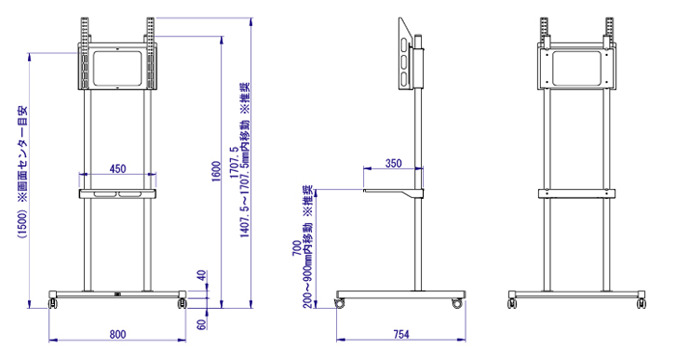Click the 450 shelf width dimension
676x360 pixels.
pyautogui.click(x=118, y=168)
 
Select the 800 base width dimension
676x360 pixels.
pyautogui.click(x=118, y=334)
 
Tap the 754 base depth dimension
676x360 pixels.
pyautogui.click(x=402, y=334)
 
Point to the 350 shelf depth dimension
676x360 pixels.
pyautogui.click(x=393, y=163)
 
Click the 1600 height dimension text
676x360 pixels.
pyautogui.click(x=216, y=172)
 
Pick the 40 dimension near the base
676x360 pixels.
pyautogui.click(x=202, y=276)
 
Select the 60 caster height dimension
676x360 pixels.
pyautogui.click(x=202, y=324)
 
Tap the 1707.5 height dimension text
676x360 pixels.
pyautogui.click(x=234, y=162)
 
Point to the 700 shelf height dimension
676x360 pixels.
pyautogui.click(x=297, y=248)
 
